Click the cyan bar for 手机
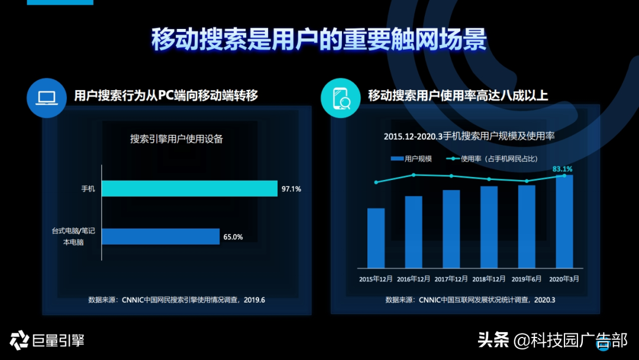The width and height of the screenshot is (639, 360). (189, 188)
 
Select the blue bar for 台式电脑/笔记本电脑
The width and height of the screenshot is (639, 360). (160, 236)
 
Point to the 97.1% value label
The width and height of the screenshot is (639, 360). (292, 189)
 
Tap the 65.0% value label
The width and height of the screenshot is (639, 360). (233, 237)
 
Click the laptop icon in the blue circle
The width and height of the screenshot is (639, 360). (46, 98)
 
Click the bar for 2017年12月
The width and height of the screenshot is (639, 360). (451, 229)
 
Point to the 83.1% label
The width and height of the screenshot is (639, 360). (562, 169)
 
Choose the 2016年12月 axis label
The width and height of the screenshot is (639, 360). (414, 278)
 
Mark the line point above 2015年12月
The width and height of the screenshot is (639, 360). (376, 182)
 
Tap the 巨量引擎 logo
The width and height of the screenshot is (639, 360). (47, 340)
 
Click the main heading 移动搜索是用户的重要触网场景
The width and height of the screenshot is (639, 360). (319, 40)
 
